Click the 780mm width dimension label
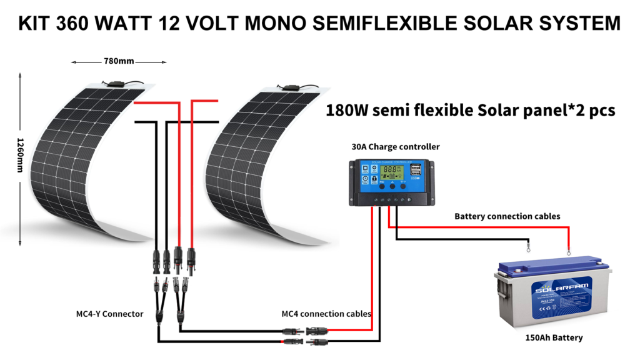(119, 62)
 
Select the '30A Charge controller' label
(395, 147)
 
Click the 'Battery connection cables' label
(507, 216)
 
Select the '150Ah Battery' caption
(554, 337)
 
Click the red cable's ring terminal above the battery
(569, 252)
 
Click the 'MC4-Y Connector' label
(106, 313)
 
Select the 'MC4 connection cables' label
(326, 313)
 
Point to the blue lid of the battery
(550, 267)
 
